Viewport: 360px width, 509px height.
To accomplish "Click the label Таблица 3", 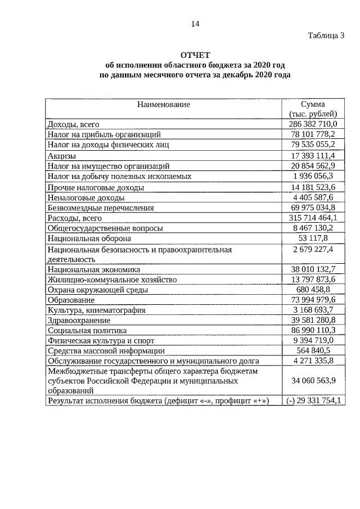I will tap(326, 35).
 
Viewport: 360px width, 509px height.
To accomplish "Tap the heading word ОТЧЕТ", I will tap(195, 55).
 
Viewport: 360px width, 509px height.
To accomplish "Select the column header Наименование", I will tap(164, 104).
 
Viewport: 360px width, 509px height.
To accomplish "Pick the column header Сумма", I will tap(313, 105).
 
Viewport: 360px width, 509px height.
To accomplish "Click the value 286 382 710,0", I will tap(313, 124).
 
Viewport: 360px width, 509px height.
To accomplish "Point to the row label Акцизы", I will tap(62, 155).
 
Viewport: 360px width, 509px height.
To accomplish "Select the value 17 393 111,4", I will tap(313, 155).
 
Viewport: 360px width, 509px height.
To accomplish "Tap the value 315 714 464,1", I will tap(313, 218).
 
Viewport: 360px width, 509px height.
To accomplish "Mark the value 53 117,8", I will tap(313, 238).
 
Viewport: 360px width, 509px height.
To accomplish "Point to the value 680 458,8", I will tap(313, 289).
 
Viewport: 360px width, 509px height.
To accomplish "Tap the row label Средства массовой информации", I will tap(106, 350).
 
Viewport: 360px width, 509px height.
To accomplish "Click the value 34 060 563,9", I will tap(313, 381).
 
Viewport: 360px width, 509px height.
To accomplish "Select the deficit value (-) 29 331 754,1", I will tap(313, 400).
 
